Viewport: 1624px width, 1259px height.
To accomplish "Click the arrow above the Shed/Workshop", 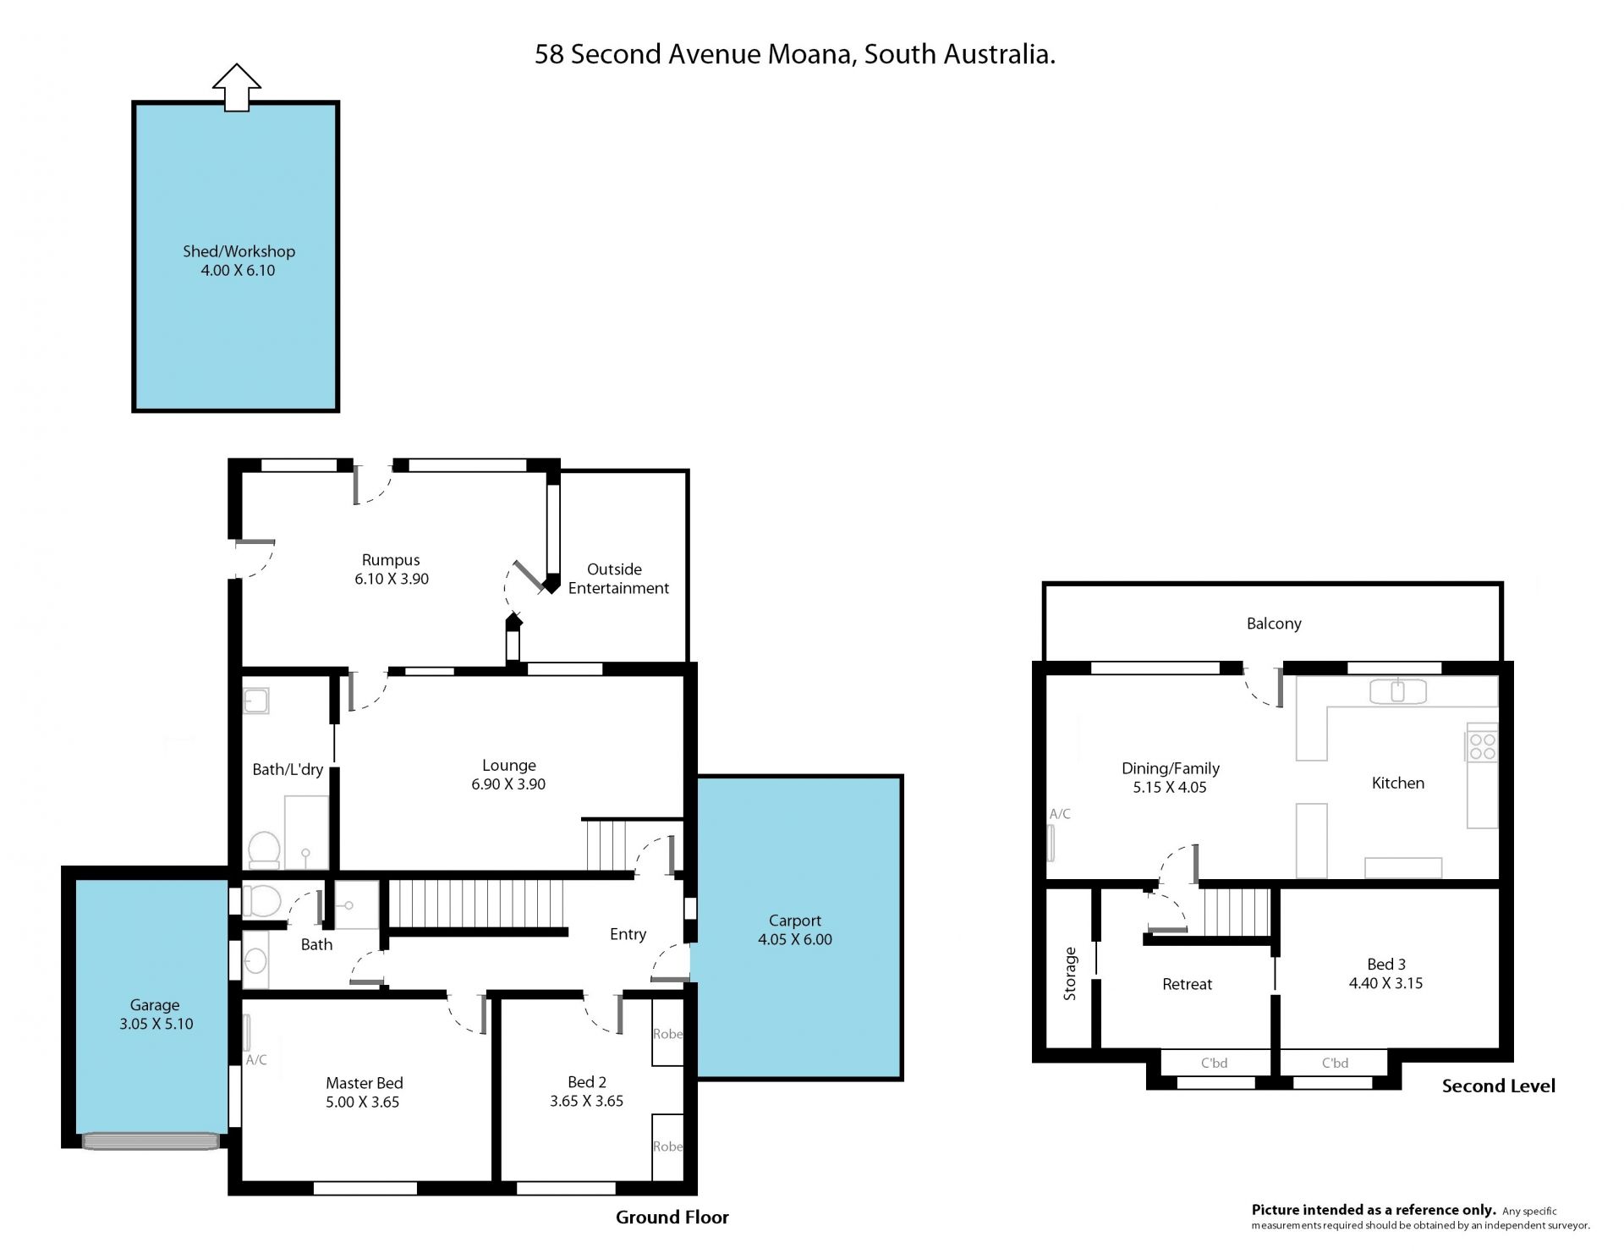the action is (237, 87).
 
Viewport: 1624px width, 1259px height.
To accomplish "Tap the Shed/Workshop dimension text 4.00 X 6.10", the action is (238, 271).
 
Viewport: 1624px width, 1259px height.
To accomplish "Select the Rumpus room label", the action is (391, 560).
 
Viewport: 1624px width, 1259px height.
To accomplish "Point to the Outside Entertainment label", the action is (618, 579).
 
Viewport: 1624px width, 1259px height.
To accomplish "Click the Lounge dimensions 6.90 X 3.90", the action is (508, 784).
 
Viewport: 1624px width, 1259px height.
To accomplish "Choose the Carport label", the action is (795, 921).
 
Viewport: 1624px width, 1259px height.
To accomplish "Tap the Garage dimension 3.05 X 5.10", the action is (156, 1024).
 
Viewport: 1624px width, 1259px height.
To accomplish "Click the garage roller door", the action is (151, 1141).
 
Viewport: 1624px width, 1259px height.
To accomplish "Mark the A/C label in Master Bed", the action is (256, 1060).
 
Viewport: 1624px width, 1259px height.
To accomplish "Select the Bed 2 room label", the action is (587, 1082).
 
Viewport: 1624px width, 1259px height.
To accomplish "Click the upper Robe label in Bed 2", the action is (667, 1034).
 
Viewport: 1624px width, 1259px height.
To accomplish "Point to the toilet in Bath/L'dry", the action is (264, 849).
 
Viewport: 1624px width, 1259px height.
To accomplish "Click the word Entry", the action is (628, 934).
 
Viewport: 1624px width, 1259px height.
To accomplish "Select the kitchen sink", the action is (1398, 691).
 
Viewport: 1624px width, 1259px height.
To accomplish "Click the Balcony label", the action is (1274, 624).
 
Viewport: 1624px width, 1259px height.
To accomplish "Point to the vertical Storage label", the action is (1070, 974).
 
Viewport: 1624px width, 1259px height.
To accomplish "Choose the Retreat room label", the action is (1188, 984).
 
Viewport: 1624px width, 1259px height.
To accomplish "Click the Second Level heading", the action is (1499, 1086).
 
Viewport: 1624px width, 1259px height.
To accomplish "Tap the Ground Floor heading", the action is (672, 1218).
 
